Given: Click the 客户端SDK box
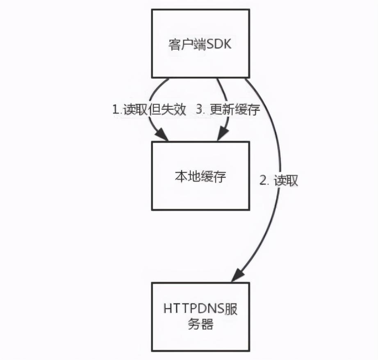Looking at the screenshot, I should [x=200, y=43].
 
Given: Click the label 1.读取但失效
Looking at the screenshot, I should [x=149, y=109].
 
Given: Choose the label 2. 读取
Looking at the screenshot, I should [x=279, y=180].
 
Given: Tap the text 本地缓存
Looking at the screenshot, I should [x=200, y=177].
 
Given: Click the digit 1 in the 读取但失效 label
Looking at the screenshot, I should [x=115, y=109].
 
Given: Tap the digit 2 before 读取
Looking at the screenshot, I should [x=263, y=180].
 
